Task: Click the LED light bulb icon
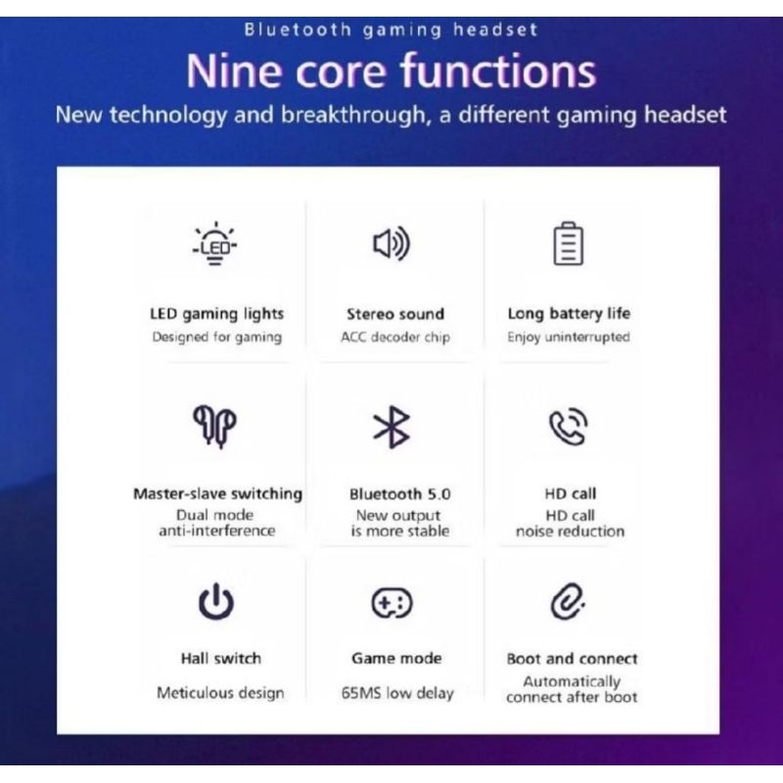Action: tap(214, 243)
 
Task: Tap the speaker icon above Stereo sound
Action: tap(391, 244)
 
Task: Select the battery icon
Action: tap(569, 243)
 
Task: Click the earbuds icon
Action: tap(214, 426)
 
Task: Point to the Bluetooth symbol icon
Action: tap(392, 427)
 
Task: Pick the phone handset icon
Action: tap(569, 427)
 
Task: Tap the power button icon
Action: tap(215, 601)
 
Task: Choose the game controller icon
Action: tap(392, 603)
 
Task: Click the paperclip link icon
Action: tap(568, 601)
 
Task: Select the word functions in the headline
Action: tap(498, 70)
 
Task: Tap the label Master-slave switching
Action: tap(217, 493)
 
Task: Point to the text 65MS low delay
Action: tap(397, 693)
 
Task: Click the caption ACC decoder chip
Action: tap(395, 337)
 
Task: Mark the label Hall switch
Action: tap(221, 658)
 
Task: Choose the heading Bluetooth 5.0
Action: tap(400, 494)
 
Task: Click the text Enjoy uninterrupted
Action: tap(569, 337)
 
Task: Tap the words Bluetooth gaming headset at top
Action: tap(391, 29)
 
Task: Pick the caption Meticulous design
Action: tap(220, 693)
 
